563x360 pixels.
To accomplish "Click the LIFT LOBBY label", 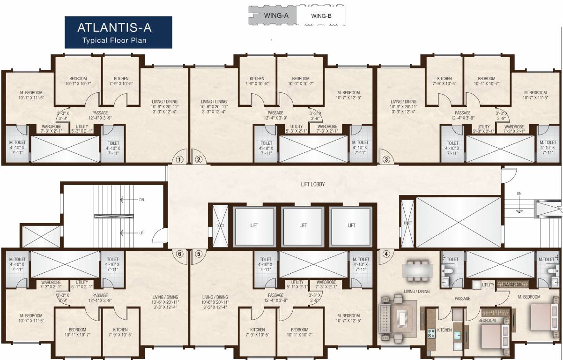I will coord(312,184).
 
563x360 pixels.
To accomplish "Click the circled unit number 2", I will coord(199,159).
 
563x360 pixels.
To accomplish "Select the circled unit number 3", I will coord(386,159).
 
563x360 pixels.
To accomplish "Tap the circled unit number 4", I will coord(386,255).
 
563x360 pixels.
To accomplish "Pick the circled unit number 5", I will coord(199,255).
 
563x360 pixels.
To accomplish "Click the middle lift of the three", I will coord(303,225).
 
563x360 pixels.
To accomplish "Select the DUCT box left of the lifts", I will coord(220,225).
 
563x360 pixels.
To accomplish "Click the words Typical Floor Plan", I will coord(114,40).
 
